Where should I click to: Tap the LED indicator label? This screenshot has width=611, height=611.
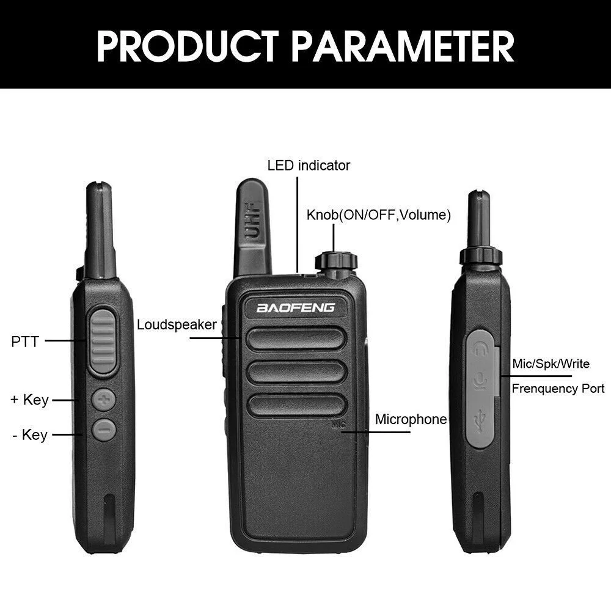click(309, 165)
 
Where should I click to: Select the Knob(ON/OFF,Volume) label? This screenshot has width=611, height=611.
click(378, 215)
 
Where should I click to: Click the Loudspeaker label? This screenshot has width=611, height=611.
click(177, 324)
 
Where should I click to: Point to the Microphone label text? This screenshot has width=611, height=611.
click(411, 419)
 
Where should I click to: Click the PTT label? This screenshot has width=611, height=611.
click(25, 342)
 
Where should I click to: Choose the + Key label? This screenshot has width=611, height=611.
click(29, 400)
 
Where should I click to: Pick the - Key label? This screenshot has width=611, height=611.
click(30, 435)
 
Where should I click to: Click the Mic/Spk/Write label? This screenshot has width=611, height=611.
click(551, 364)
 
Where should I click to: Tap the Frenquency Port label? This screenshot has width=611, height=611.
click(558, 389)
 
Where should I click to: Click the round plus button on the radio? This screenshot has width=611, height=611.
click(104, 400)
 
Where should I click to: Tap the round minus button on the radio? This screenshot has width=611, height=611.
click(104, 429)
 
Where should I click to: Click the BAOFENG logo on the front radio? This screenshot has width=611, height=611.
click(296, 307)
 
